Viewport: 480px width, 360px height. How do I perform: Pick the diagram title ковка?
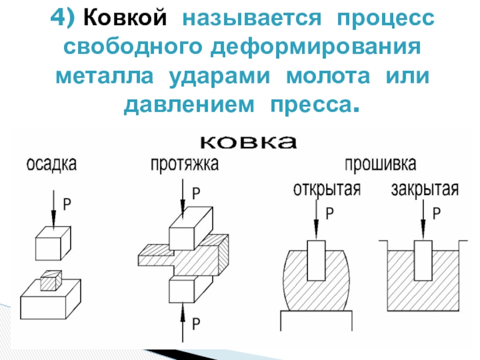(x=247, y=142)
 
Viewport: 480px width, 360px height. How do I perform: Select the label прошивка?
(x=381, y=164)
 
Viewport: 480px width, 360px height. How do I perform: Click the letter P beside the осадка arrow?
(x=67, y=204)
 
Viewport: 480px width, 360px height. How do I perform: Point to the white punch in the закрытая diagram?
(x=424, y=260)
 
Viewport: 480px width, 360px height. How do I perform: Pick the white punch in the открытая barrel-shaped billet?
(x=316, y=260)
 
